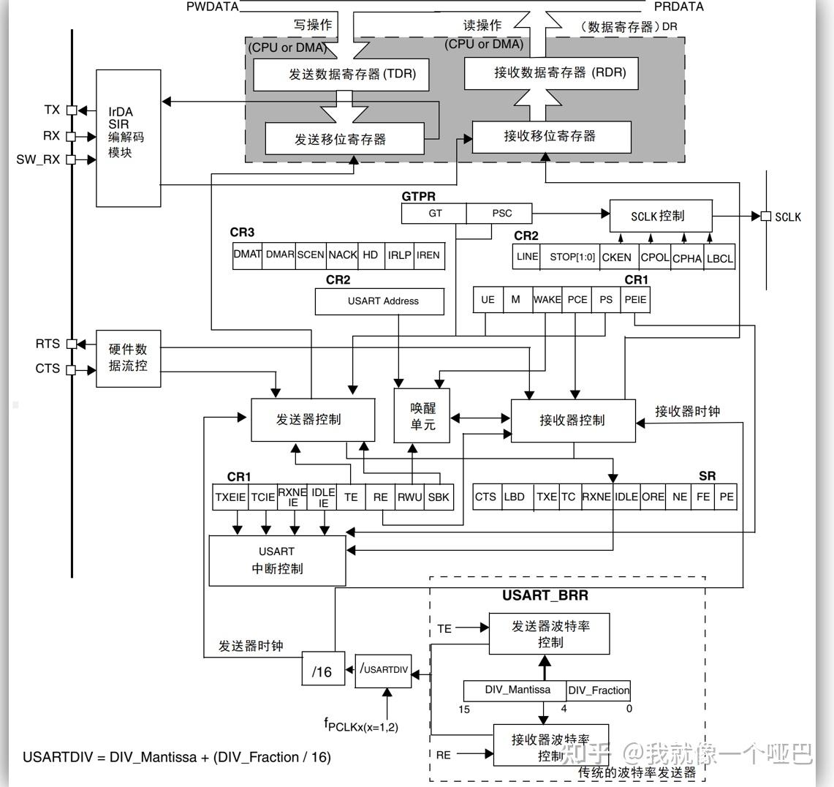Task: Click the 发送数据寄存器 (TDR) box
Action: click(x=340, y=75)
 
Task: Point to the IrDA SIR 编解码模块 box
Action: click(x=128, y=138)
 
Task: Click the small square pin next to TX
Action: click(x=72, y=110)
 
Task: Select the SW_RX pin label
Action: click(x=38, y=159)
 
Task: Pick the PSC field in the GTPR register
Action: click(x=501, y=214)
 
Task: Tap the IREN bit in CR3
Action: click(x=428, y=255)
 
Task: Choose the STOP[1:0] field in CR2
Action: click(x=572, y=257)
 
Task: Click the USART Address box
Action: click(x=379, y=301)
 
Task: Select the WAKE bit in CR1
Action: click(x=547, y=300)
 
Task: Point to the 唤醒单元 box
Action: click(x=422, y=416)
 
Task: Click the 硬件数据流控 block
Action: click(x=128, y=358)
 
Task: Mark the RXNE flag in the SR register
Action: click(x=596, y=497)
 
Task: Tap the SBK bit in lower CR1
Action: click(x=439, y=497)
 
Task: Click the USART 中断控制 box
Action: click(x=277, y=560)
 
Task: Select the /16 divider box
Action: click(x=322, y=671)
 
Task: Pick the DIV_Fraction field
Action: click(x=599, y=690)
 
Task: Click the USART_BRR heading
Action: click(x=545, y=595)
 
